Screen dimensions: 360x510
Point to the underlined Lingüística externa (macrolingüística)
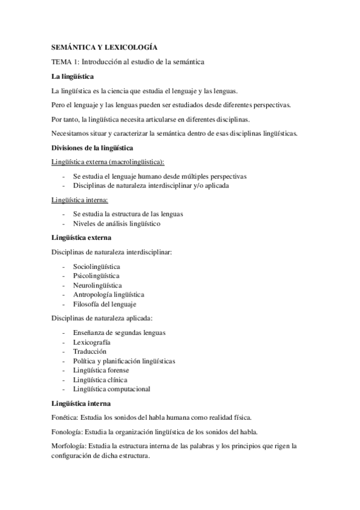click(108, 162)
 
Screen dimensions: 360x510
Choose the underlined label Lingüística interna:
click(80, 200)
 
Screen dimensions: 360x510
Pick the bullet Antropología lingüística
click(109, 295)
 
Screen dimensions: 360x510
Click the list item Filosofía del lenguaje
click(105, 304)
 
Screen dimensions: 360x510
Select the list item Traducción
click(90, 351)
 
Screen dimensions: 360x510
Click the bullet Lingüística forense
click(100, 370)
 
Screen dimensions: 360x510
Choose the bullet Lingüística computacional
click(112, 389)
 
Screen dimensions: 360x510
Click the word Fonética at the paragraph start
click(65, 417)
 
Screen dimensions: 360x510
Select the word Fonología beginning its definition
click(67, 432)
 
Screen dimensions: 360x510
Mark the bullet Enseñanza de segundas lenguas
click(120, 332)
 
